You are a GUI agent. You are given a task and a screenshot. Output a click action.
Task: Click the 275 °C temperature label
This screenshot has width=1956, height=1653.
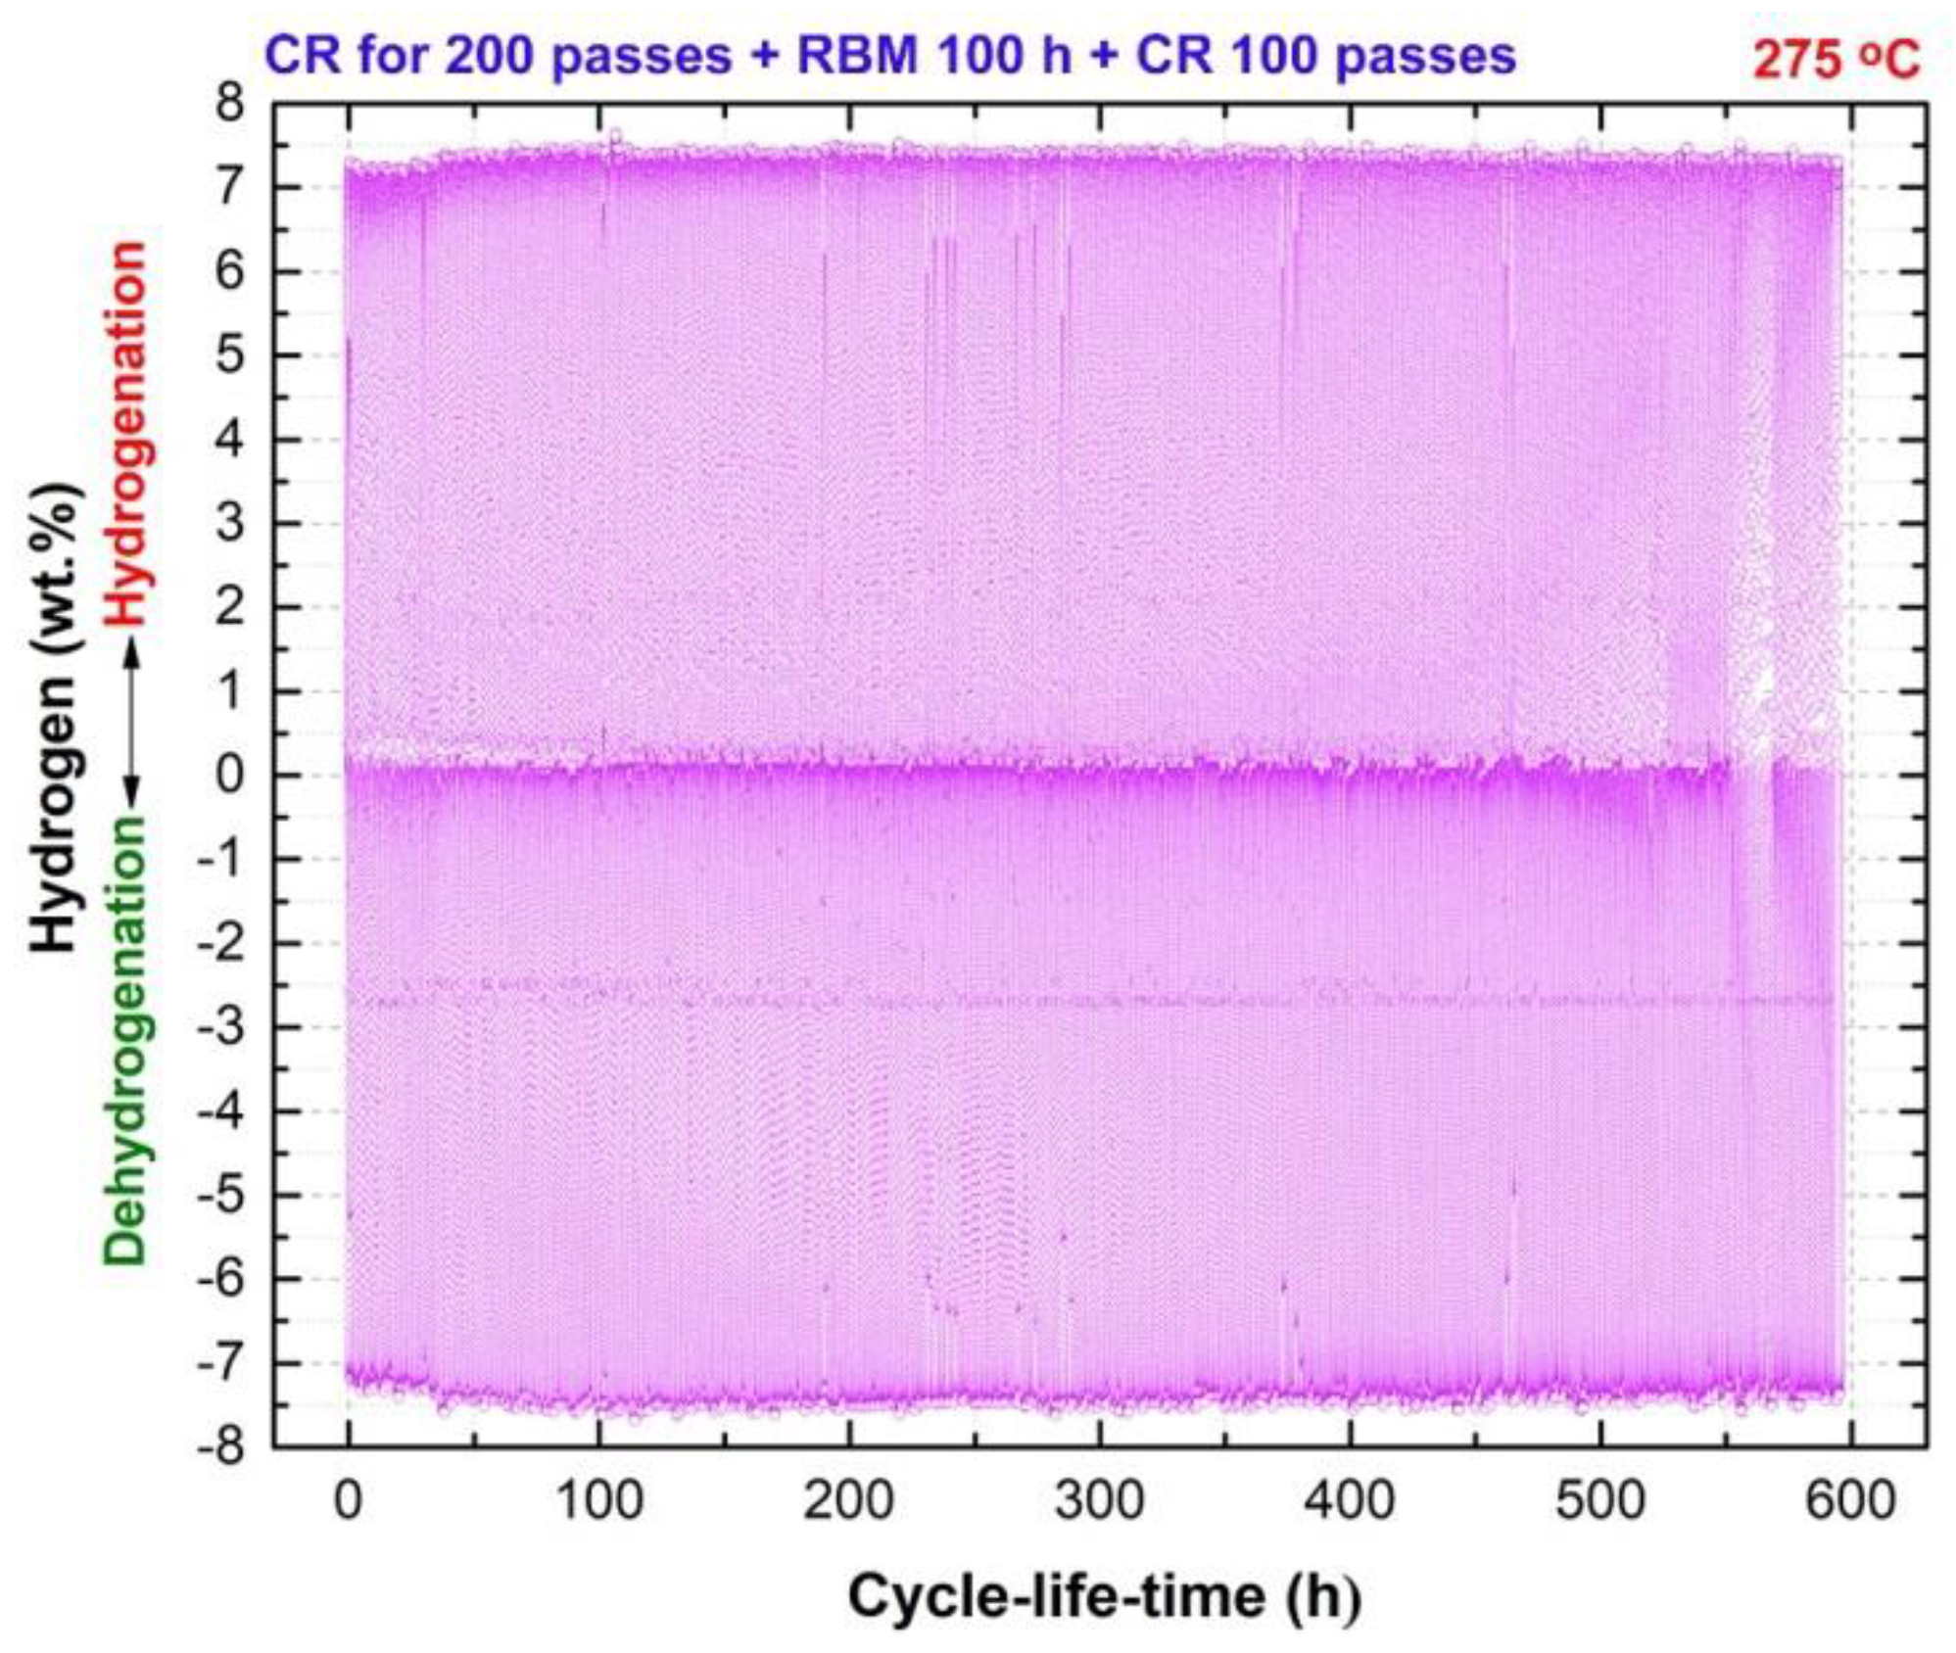[x=1836, y=59]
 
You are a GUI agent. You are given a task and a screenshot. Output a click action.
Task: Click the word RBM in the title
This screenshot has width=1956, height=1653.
[x=858, y=55]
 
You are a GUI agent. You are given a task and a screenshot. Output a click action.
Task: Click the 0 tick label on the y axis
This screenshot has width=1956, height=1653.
[x=231, y=775]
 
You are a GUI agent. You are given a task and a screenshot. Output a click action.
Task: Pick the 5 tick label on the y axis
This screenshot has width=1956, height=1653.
[x=231, y=354]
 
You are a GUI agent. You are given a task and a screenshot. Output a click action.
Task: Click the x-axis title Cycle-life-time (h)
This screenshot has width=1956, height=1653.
[x=1104, y=1597]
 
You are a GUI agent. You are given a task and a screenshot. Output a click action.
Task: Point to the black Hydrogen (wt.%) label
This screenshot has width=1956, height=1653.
[x=54, y=717]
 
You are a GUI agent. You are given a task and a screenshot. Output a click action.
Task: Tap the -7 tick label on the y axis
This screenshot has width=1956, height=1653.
[x=222, y=1362]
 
